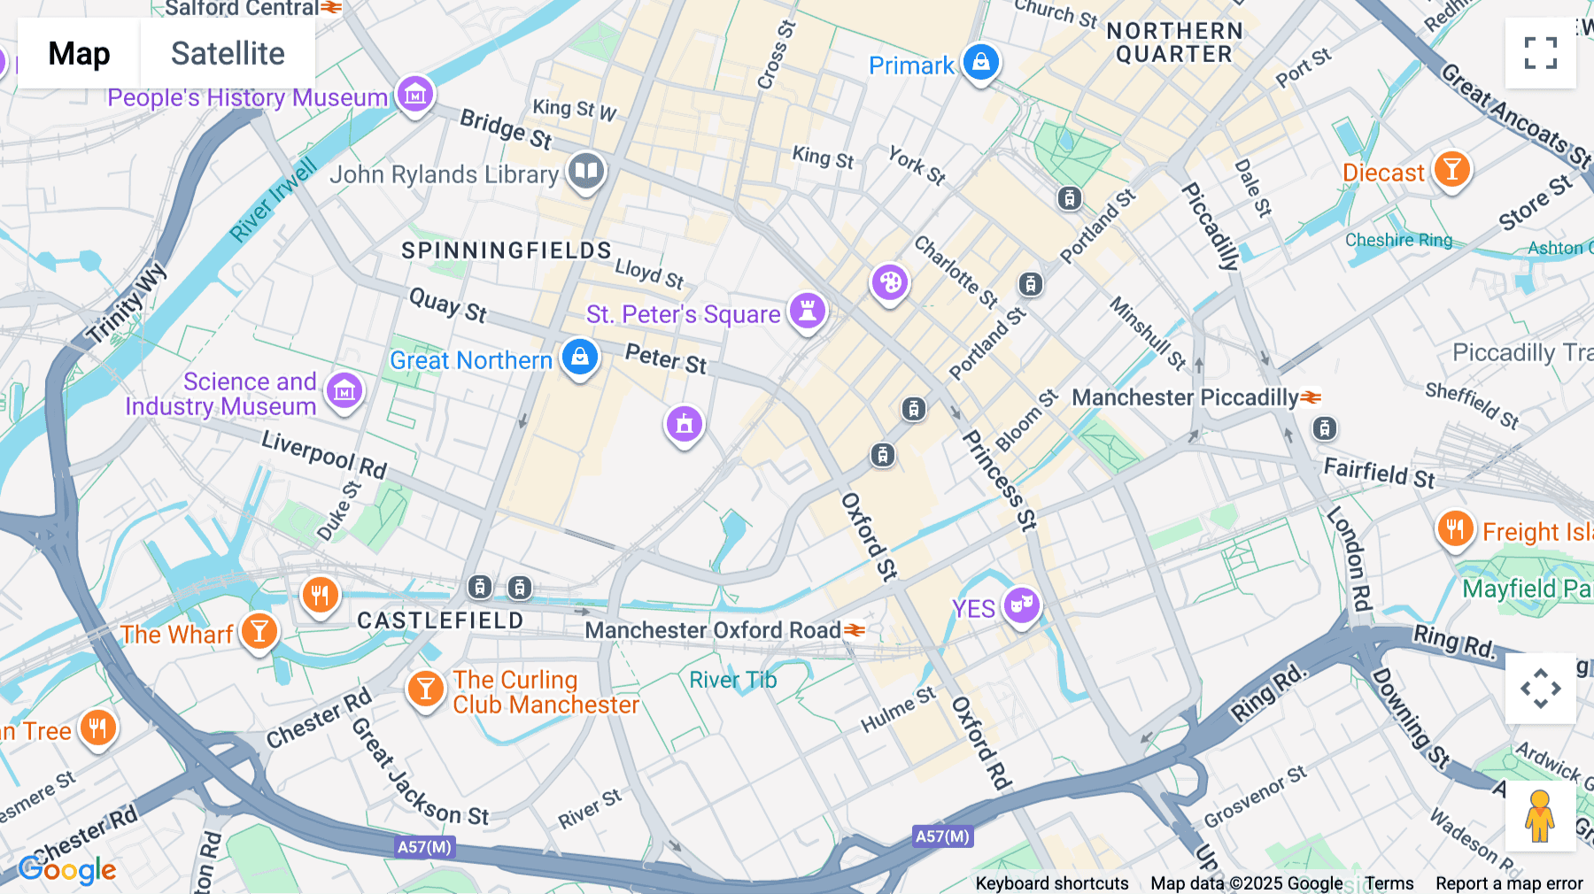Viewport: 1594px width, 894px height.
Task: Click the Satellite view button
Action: click(228, 53)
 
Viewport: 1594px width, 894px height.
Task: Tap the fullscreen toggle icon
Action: click(1540, 53)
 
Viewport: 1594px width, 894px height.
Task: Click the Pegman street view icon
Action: click(1540, 816)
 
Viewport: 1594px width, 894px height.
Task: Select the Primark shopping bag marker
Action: click(980, 63)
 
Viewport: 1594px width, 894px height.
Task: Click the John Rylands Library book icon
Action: click(585, 171)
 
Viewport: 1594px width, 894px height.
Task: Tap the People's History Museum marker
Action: click(414, 94)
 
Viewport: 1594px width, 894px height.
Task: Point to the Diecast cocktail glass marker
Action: click(1451, 168)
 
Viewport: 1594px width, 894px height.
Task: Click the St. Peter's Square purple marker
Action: click(807, 312)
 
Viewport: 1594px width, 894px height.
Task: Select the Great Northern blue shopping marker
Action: click(580, 358)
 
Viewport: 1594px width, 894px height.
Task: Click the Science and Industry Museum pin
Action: click(344, 390)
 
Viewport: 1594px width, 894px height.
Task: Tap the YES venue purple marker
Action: click(1021, 605)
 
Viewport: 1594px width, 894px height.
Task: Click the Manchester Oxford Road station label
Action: click(713, 630)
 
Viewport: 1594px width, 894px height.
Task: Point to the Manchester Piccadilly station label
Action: click(1185, 397)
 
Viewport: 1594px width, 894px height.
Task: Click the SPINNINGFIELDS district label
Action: click(507, 250)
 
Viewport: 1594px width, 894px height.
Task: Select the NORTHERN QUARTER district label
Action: click(1174, 42)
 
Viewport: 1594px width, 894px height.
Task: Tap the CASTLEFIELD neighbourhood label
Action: click(440, 620)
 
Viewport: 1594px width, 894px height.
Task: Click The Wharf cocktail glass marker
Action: click(259, 632)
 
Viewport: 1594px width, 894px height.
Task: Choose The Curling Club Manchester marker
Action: click(425, 689)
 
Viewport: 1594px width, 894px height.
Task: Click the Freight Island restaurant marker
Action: click(1455, 529)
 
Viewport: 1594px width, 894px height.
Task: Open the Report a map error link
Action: click(1509, 883)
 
